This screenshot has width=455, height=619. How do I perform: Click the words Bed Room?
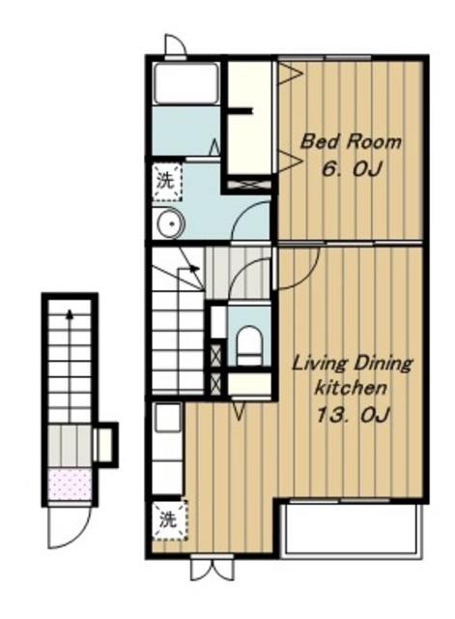coord(351,141)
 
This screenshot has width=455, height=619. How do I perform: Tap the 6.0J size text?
coord(352,170)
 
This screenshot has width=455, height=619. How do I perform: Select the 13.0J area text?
coord(354,415)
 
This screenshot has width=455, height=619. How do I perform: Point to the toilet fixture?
coord(249,345)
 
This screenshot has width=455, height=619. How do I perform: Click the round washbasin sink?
coord(171,223)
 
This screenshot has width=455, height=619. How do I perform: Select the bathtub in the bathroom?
coord(186,83)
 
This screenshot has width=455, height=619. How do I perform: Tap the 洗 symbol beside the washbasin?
coord(166,181)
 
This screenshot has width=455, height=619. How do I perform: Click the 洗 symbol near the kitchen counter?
coord(168,519)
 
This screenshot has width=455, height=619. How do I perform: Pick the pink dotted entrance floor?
coord(70,484)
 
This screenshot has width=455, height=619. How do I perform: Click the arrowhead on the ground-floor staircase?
coord(71,314)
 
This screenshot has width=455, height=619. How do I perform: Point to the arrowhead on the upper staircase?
coord(194,269)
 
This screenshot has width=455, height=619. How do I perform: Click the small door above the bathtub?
coord(176,45)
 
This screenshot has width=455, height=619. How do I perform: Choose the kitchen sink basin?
coord(168,417)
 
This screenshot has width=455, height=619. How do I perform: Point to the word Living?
coord(320,364)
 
